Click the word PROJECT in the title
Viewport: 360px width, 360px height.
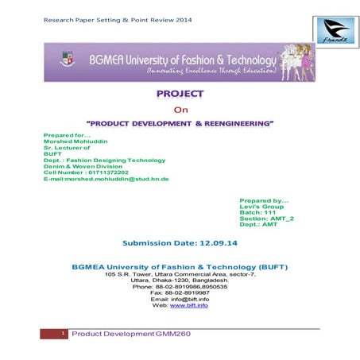tap(180, 94)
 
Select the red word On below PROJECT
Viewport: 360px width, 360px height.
tap(179, 110)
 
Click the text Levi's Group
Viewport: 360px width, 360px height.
tap(260, 205)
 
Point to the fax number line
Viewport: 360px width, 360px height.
tap(180, 292)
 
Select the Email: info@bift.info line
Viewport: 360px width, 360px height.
tap(180, 299)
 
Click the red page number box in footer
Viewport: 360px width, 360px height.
tap(53, 335)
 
